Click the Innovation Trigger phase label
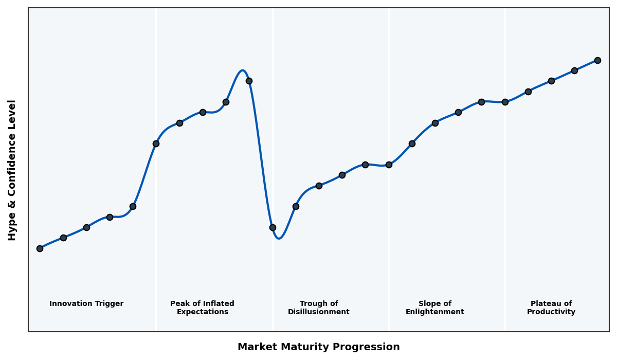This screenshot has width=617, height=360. tap(86, 304)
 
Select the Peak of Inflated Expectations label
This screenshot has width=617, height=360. tap(202, 308)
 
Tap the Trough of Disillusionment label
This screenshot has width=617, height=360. tap(319, 308)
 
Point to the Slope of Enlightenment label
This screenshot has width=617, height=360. tap(435, 308)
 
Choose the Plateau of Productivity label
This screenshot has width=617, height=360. tap(551, 308)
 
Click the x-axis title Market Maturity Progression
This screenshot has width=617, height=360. tap(319, 347)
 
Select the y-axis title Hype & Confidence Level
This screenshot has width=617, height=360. tap(12, 170)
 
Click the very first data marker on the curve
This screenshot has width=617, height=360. tap(40, 248)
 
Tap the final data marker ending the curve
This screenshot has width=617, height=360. tap(597, 60)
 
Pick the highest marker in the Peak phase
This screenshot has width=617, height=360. tap(249, 81)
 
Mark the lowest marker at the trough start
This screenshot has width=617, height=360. tap(273, 227)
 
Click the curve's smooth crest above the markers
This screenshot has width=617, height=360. tap(242, 70)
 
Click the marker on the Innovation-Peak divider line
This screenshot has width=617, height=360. tap(156, 143)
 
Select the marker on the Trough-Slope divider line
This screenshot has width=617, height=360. tap(389, 165)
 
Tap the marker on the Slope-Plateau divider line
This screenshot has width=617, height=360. tap(505, 102)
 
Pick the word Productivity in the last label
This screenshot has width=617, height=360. tap(551, 312)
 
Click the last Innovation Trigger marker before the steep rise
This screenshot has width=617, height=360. tap(133, 206)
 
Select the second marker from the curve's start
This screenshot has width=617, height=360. tap(63, 238)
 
